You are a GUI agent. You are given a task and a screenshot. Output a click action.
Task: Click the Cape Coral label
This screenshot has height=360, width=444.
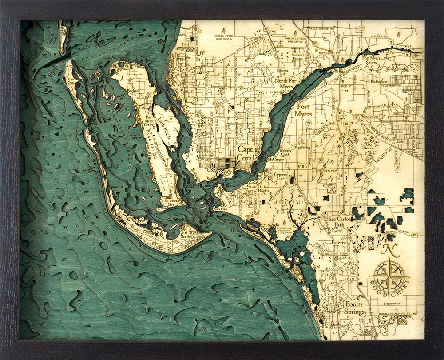click(246, 154)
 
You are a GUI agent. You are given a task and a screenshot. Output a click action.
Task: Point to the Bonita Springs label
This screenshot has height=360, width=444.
click(354, 308)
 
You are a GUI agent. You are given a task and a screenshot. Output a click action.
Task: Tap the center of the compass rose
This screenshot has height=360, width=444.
click(389, 276)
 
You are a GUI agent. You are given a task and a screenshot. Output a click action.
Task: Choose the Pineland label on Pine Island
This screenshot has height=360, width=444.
click(133, 91)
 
